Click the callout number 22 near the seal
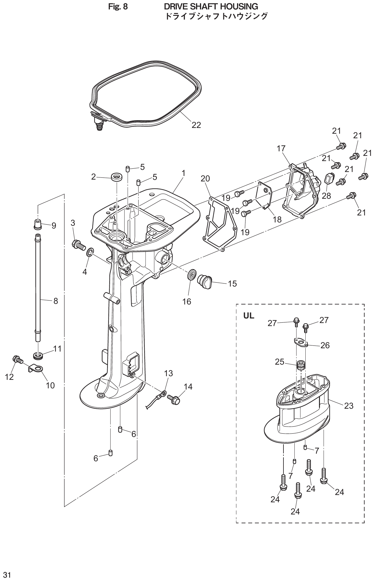[x=196, y=125]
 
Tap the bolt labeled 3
[x=78, y=244]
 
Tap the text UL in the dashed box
[x=249, y=316]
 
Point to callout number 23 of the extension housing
[x=349, y=406]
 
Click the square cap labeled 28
[x=329, y=179]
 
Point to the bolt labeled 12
[x=18, y=360]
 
